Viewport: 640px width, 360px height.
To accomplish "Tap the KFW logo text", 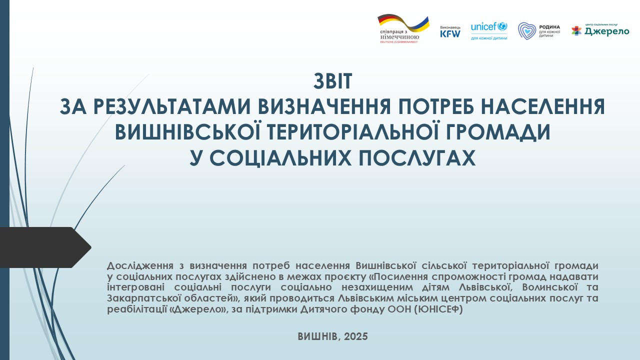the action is [450, 33].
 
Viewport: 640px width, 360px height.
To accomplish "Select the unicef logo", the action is [489, 31].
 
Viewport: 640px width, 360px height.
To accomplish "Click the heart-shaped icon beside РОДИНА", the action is [527, 31].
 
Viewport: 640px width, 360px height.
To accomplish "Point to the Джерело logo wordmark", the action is [606, 31].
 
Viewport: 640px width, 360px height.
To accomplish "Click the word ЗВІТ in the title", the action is [333, 81].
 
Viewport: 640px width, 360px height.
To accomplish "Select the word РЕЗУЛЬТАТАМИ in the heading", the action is [171, 106].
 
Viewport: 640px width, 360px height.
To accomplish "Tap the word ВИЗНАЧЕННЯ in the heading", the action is [324, 106].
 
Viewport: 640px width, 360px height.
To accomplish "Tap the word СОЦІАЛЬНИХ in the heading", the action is [280, 157].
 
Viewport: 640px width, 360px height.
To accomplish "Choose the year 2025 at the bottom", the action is [355, 336].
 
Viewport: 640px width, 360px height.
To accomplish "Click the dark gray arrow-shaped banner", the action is [43, 247].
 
